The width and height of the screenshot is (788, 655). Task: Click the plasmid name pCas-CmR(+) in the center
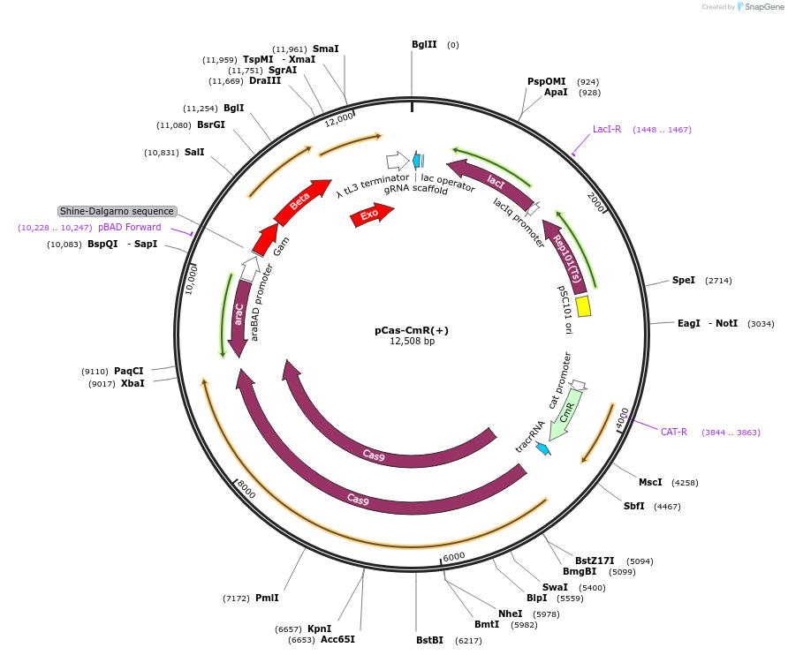411,330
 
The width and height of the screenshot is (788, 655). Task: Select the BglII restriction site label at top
424,44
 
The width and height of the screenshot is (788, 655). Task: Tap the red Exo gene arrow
372,215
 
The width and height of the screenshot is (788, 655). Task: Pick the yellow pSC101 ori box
583,305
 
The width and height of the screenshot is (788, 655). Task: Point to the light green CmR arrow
564,412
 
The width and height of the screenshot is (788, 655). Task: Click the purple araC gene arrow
239,315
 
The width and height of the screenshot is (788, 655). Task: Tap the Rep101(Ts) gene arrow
565,256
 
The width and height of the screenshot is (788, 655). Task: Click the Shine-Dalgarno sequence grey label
117,211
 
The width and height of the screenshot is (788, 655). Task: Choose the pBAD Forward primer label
130,227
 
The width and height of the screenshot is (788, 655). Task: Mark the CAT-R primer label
674,432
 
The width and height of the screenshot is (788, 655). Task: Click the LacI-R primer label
607,129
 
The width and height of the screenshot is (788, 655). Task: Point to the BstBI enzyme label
430,640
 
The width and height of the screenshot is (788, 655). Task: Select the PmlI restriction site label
267,598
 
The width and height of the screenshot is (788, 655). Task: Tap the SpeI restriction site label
684,280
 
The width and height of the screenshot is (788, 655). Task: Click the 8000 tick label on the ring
246,490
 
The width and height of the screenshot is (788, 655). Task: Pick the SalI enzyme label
194,152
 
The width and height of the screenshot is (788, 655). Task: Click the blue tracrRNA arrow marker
543,448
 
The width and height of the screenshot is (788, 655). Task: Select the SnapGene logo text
763,6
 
